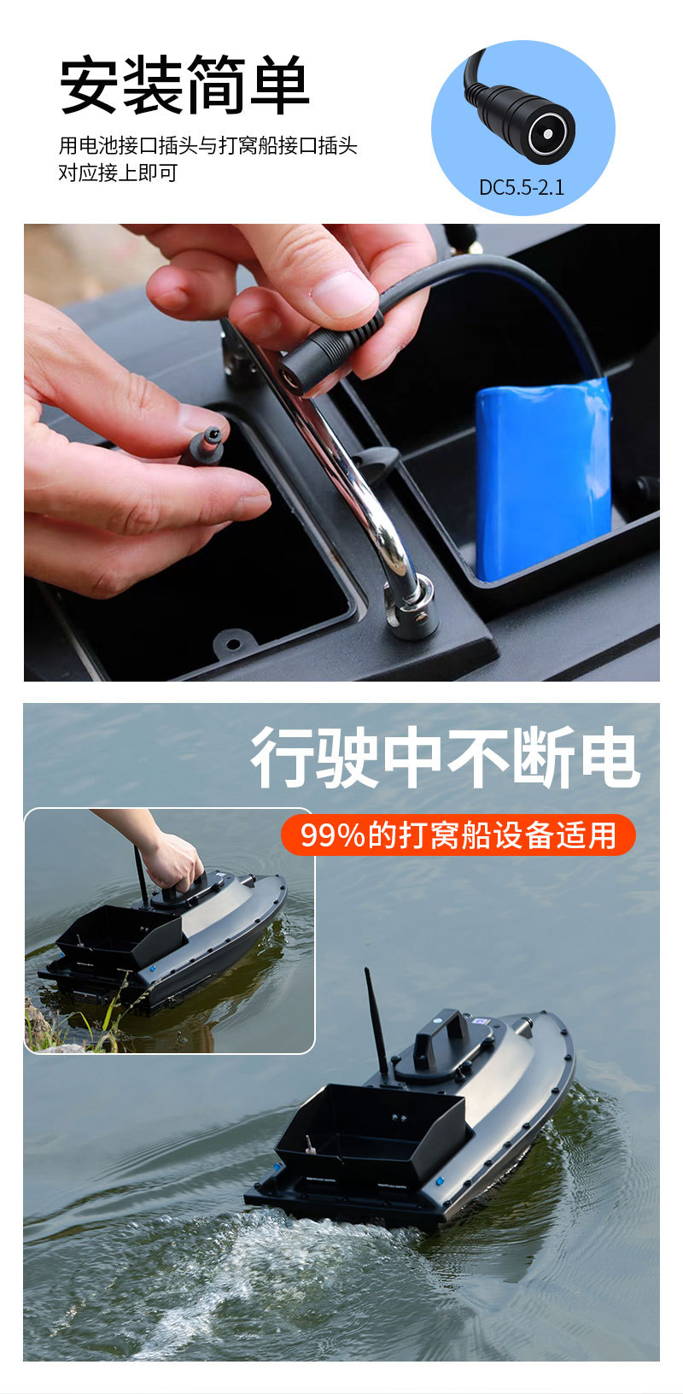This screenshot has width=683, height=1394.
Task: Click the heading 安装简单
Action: coord(184,85)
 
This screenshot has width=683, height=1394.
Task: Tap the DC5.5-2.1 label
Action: coord(521,187)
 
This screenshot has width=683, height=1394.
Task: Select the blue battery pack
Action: coord(543,478)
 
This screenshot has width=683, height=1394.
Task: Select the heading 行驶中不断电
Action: coord(444,758)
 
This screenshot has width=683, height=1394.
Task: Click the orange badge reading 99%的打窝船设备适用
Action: coord(458,835)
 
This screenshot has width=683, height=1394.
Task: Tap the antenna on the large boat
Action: coord(377,1021)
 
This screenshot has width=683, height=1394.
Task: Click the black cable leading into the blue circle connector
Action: coord(472,73)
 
